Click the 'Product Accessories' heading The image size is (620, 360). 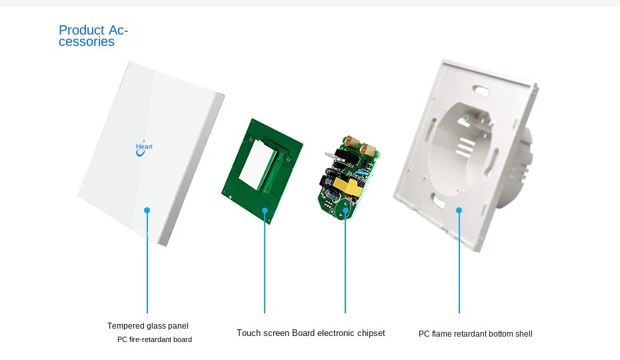pyautogui.click(x=93, y=36)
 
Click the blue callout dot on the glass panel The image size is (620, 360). pyautogui.click(x=147, y=211)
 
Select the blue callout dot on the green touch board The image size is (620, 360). pyautogui.click(x=265, y=211)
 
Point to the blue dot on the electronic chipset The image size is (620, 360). pyautogui.click(x=345, y=211)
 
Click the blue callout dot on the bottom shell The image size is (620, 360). pyautogui.click(x=459, y=211)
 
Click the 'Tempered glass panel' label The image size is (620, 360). pyautogui.click(x=148, y=326)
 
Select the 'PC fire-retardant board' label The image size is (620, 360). pyautogui.click(x=155, y=340)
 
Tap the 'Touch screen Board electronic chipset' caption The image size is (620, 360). pyautogui.click(x=311, y=333)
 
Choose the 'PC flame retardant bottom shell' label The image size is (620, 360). pyautogui.click(x=475, y=334)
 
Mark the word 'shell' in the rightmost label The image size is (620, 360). pyautogui.click(x=523, y=334)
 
